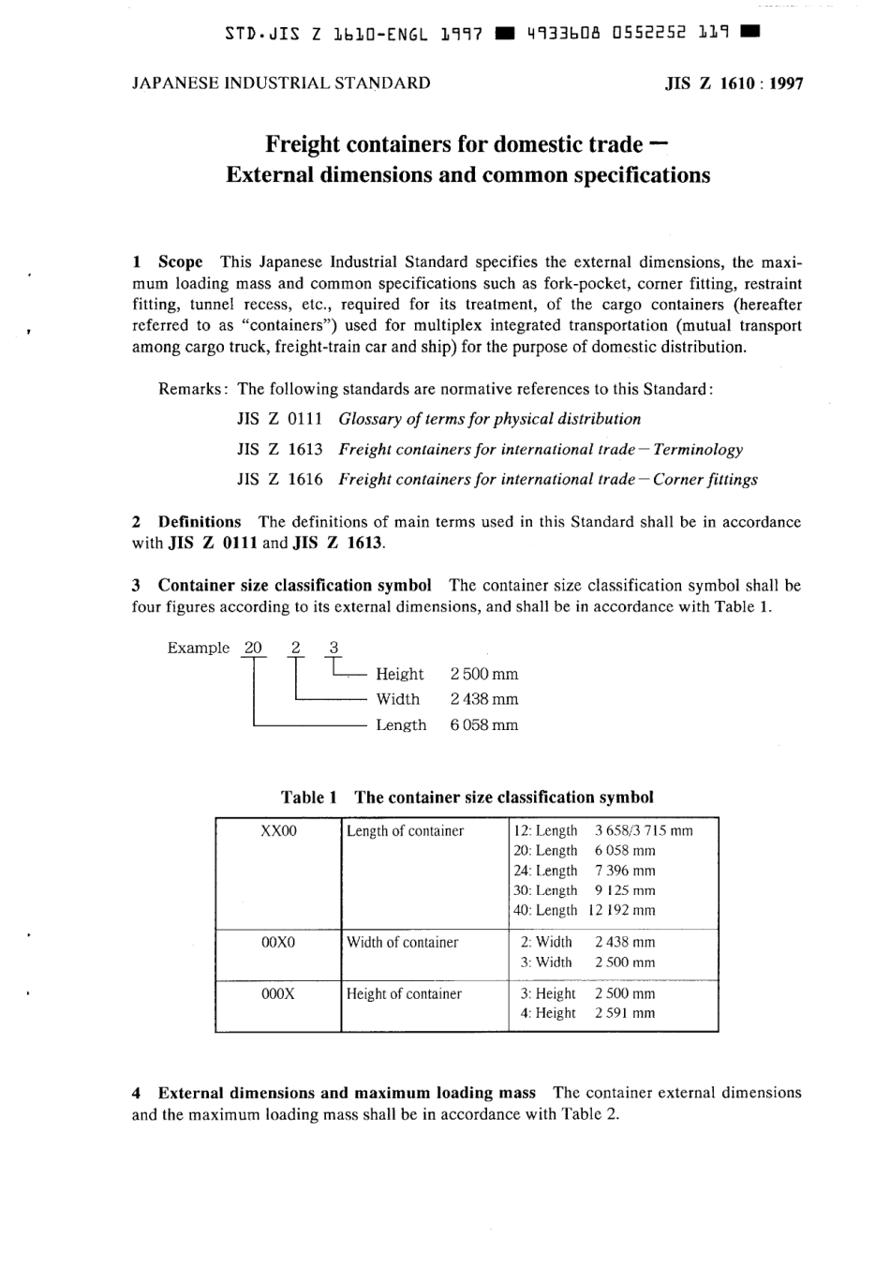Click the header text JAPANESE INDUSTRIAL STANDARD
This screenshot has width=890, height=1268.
(x=281, y=82)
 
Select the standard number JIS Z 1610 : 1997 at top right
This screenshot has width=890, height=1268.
(x=734, y=82)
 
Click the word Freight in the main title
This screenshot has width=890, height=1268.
(x=302, y=144)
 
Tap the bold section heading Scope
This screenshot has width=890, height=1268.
(x=180, y=262)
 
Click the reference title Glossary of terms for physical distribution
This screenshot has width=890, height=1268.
(x=489, y=419)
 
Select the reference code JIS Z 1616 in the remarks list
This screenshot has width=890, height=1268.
(x=279, y=479)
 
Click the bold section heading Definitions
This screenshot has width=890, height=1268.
(x=199, y=522)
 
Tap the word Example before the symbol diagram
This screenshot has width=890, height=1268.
(x=198, y=648)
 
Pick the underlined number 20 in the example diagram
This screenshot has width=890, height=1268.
(x=253, y=648)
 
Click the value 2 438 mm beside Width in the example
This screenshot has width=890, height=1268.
(x=483, y=699)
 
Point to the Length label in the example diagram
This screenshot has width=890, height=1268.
(x=401, y=725)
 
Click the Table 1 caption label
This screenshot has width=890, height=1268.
(x=308, y=798)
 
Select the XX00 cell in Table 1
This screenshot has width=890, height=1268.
(x=278, y=831)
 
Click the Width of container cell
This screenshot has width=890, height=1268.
(x=402, y=943)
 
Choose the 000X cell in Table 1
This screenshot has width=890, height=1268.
(x=278, y=993)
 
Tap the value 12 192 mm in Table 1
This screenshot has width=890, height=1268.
(x=622, y=910)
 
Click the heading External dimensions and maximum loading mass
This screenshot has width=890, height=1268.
(x=347, y=1093)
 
